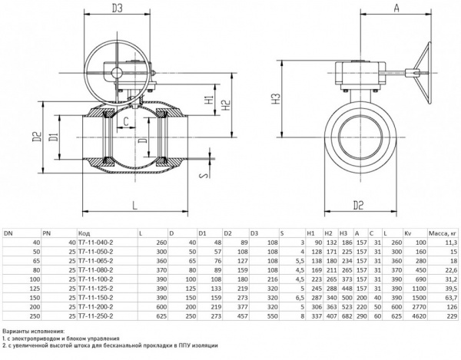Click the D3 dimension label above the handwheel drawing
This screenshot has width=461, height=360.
(x=117, y=10)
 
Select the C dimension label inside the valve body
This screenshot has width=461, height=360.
(x=125, y=122)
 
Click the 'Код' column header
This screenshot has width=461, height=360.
(x=84, y=233)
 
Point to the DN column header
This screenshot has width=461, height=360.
(x=9, y=233)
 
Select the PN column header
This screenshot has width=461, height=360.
(x=47, y=233)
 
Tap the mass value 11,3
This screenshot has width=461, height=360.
(x=449, y=242)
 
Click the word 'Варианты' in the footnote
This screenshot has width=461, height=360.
(x=16, y=331)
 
